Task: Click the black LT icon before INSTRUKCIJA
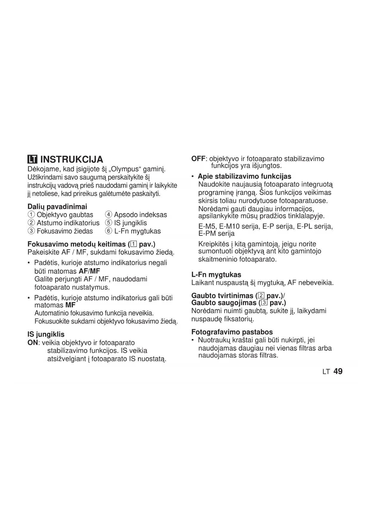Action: [32, 160]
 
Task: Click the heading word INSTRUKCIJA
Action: [72, 159]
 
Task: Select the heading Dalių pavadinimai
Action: [57, 207]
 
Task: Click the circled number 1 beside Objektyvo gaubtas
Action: [31, 215]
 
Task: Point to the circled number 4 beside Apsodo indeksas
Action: [109, 215]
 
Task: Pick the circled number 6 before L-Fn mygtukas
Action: [109, 231]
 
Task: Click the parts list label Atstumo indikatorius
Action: [68, 223]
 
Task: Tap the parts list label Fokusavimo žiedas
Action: [65, 231]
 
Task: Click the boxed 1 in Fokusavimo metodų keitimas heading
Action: [133, 244]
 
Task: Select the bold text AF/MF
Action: [89, 271]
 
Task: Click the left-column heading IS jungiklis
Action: [46, 334]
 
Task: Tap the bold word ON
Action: [33, 343]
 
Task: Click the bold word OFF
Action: [198, 159]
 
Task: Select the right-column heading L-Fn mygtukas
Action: [216, 275]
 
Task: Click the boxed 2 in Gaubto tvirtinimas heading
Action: [261, 296]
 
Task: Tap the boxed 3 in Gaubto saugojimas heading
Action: [264, 303]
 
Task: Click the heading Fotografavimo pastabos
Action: [232, 332]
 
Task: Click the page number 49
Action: [338, 371]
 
